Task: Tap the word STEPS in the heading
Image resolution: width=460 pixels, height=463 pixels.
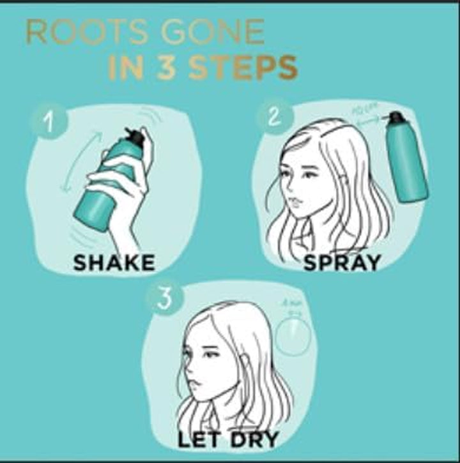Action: pyautogui.click(x=245, y=68)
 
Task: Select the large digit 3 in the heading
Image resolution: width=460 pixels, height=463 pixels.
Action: pyautogui.click(x=167, y=68)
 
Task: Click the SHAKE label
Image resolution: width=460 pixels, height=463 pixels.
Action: pyautogui.click(x=114, y=262)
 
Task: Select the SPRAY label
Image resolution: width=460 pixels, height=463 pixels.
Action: pyautogui.click(x=342, y=261)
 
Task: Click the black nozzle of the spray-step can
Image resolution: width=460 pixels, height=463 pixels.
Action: pyautogui.click(x=397, y=118)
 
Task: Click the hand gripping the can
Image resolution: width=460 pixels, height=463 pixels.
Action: pyautogui.click(x=121, y=192)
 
